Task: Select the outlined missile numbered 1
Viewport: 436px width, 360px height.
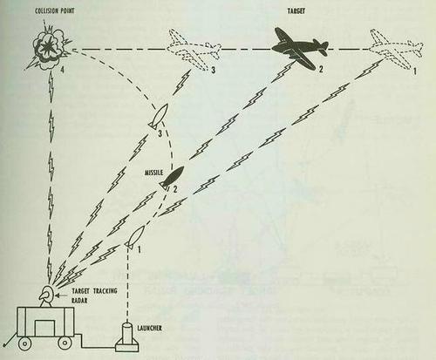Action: (x=135, y=234)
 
